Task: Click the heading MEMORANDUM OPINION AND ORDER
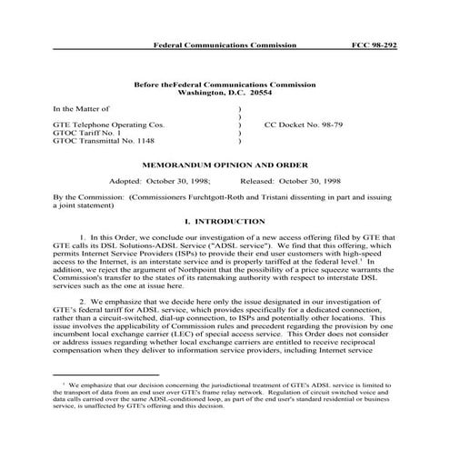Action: pyautogui.click(x=225, y=166)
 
